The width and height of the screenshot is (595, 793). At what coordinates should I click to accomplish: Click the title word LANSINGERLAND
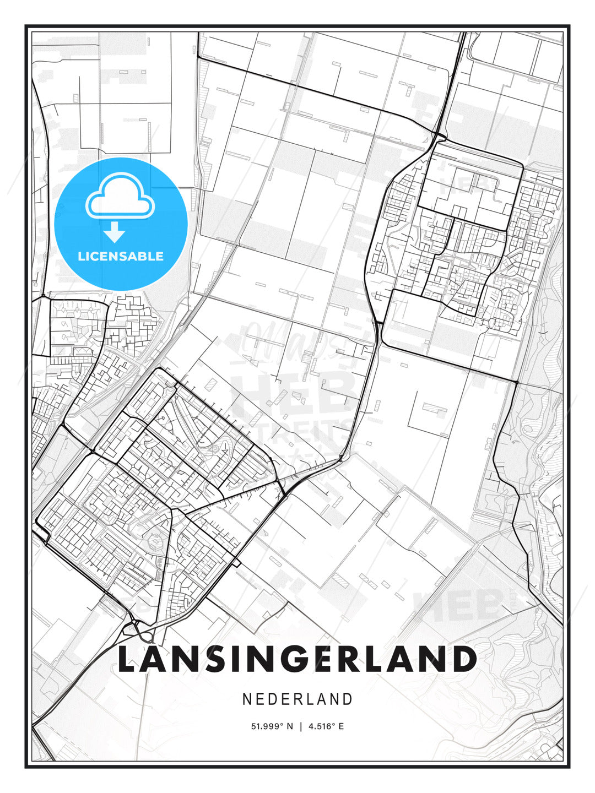pyautogui.click(x=297, y=659)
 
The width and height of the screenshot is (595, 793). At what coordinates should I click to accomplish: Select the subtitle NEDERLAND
pyautogui.click(x=297, y=699)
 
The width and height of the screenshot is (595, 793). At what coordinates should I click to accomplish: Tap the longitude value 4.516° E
pyautogui.click(x=326, y=726)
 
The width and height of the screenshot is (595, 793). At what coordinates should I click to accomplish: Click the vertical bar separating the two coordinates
pyautogui.click(x=300, y=726)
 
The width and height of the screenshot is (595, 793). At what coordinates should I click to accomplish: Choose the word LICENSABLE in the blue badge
pyautogui.click(x=121, y=256)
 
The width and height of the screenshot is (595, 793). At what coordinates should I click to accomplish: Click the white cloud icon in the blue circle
pyautogui.click(x=120, y=197)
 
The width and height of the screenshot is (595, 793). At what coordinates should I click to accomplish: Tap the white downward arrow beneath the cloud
pyautogui.click(x=115, y=232)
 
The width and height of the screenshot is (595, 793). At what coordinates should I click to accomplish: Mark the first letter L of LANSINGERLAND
pyautogui.click(x=128, y=659)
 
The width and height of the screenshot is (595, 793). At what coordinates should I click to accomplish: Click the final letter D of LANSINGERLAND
pyautogui.click(x=464, y=659)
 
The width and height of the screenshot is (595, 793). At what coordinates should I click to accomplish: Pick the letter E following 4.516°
pyautogui.click(x=341, y=726)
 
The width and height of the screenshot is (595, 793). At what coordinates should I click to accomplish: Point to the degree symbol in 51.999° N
pyautogui.click(x=281, y=724)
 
